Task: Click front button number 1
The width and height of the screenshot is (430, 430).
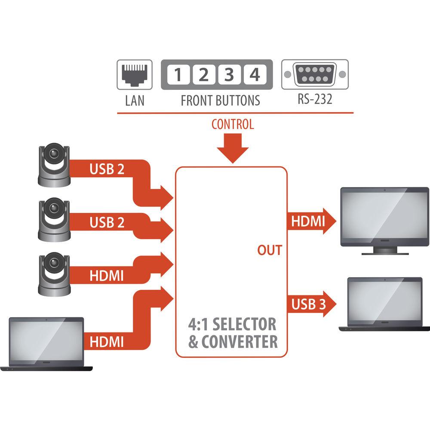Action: (178, 75)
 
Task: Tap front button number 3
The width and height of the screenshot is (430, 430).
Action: (229, 75)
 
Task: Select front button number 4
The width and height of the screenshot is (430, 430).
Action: (255, 75)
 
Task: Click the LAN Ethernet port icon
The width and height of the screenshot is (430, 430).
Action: (134, 75)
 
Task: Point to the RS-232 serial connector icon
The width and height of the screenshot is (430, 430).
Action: (315, 74)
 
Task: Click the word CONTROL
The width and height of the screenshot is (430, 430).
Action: (233, 125)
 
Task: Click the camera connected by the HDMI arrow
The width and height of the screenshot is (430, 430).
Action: (54, 274)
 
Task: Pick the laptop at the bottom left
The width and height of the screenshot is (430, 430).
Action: (46, 343)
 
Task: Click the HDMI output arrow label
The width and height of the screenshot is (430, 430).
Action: (307, 221)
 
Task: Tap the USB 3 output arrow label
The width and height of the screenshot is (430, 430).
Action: (307, 304)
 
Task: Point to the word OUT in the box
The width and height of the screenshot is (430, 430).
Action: (270, 250)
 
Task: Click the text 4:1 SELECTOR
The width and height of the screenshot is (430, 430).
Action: (233, 324)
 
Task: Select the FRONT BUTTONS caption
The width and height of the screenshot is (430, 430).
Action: (220, 101)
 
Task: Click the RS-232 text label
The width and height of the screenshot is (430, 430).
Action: (315, 99)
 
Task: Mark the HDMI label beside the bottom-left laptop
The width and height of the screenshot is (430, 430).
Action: (107, 342)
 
